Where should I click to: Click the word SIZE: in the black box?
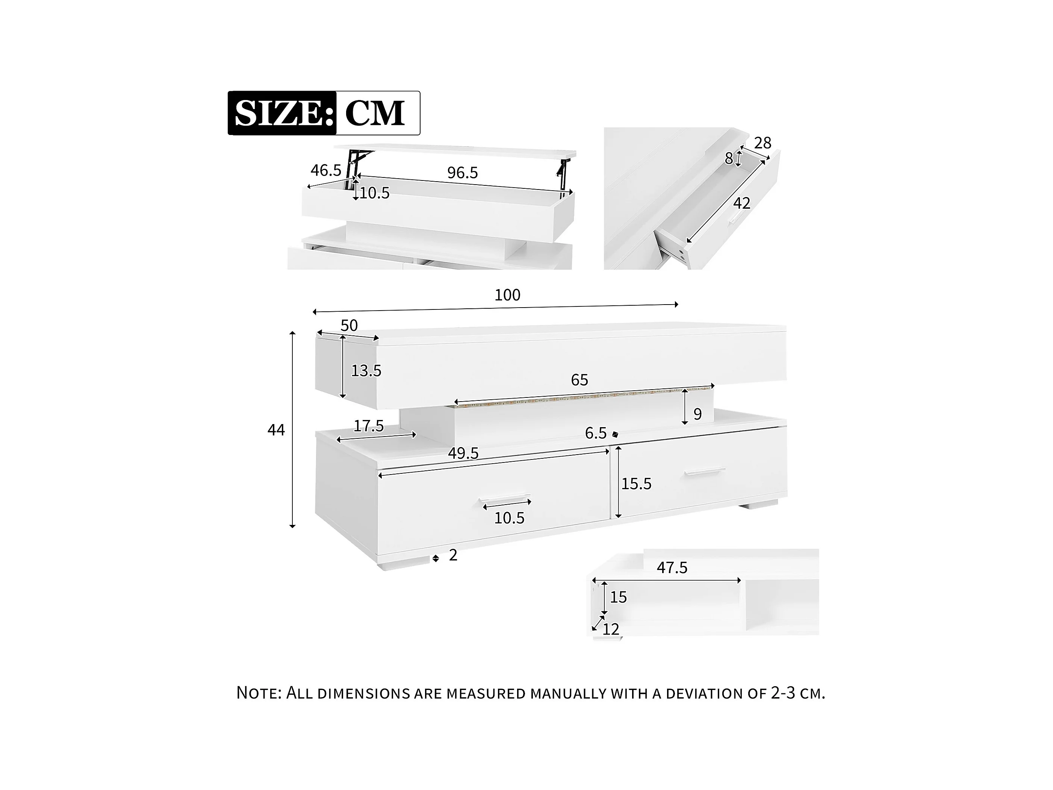(x=284, y=113)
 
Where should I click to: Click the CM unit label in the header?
(x=375, y=113)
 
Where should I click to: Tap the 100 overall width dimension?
(x=507, y=295)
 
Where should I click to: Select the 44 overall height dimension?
(x=276, y=430)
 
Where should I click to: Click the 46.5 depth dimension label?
(x=326, y=170)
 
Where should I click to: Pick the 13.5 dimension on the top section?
(x=366, y=370)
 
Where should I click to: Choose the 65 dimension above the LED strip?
(x=579, y=380)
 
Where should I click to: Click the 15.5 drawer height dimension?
(x=637, y=484)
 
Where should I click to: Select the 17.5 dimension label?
(x=368, y=426)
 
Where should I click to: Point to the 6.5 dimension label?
(x=596, y=433)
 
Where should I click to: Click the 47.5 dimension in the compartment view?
(x=672, y=568)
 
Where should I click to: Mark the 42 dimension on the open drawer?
(x=742, y=203)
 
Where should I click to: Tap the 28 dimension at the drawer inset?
(x=763, y=143)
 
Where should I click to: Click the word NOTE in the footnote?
(x=259, y=693)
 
